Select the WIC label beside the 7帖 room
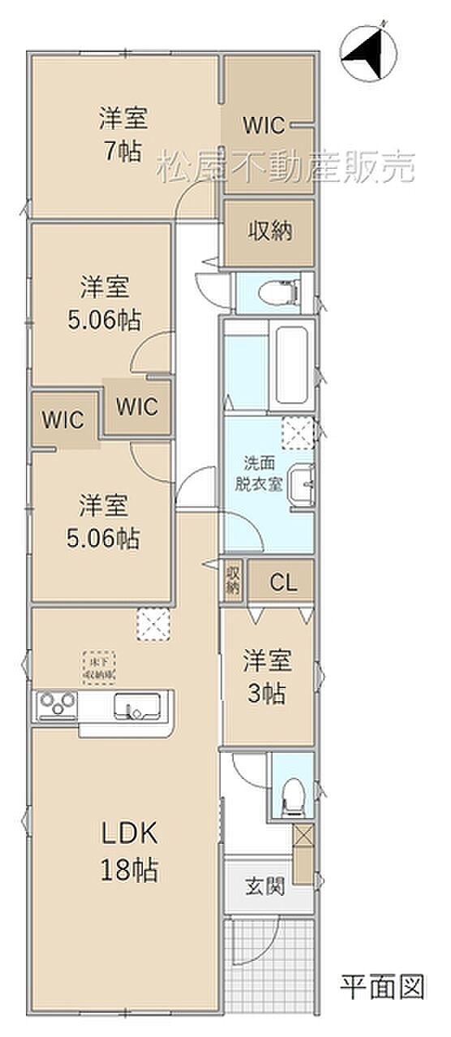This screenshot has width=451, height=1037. pos(264,126)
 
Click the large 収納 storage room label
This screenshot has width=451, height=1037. pos(268,230)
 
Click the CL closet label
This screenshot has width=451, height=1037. pos(282,582)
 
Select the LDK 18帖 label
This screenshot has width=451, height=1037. pos(128,852)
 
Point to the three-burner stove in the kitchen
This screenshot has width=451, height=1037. pos(55,704)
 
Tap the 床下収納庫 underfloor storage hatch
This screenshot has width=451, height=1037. pos(97,667)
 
